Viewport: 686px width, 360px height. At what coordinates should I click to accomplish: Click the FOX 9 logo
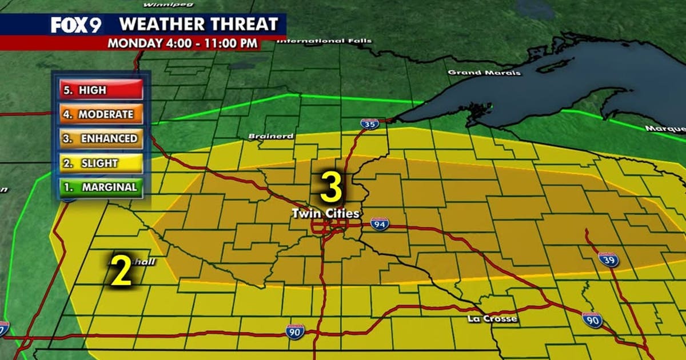(x=75, y=25)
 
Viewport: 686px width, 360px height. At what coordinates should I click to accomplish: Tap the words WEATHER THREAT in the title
(x=198, y=24)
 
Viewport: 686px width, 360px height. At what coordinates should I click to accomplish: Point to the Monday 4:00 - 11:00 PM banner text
(x=182, y=43)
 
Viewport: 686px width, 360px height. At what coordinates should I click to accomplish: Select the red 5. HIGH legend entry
(x=101, y=90)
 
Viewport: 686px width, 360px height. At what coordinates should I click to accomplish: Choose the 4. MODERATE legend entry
(x=101, y=114)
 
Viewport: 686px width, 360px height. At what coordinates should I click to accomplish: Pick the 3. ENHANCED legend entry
(x=101, y=138)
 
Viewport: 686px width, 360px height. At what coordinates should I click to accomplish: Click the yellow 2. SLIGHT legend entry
(x=101, y=163)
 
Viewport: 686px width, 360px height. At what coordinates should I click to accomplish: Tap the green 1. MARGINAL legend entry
(x=101, y=187)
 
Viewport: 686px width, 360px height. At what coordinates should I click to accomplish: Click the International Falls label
(x=324, y=41)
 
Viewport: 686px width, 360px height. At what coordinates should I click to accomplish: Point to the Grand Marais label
(x=484, y=73)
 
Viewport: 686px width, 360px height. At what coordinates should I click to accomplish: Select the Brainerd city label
(x=271, y=137)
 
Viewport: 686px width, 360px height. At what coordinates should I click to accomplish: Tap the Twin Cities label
(x=326, y=214)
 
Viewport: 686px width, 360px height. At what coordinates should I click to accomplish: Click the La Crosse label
(x=492, y=318)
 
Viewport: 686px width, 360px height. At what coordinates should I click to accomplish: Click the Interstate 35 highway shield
(x=370, y=124)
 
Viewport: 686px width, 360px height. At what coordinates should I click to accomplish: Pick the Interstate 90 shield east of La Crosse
(x=592, y=320)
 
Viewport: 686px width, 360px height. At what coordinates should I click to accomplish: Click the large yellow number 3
(x=331, y=189)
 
